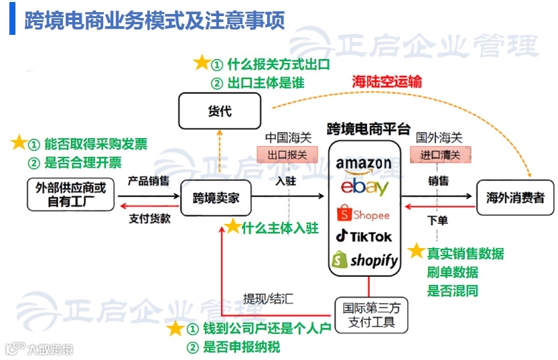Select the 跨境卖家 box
[216, 198]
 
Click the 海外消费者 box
[514, 197]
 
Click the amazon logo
[364, 163]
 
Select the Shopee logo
[364, 214]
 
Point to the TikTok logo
[364, 236]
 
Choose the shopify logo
[364, 260]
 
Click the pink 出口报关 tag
[287, 155]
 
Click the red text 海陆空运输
[387, 82]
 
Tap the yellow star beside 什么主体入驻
[232, 227]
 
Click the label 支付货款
[149, 218]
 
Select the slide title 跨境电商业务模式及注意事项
[155, 20]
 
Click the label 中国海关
[288, 137]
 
